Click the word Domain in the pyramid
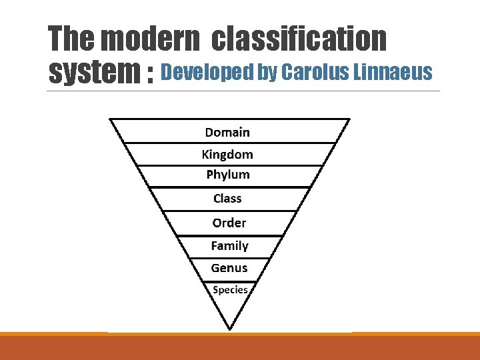(x=227, y=132)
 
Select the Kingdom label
(x=227, y=154)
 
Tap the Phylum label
(x=228, y=175)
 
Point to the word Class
(x=227, y=198)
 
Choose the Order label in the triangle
(x=229, y=223)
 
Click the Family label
(x=229, y=245)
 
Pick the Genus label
(x=229, y=268)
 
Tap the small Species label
(x=230, y=290)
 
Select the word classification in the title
(x=299, y=39)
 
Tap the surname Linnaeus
(x=391, y=71)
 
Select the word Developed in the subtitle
(x=207, y=71)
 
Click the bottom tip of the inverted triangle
(x=230, y=329)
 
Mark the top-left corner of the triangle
(x=110, y=119)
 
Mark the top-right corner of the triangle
(x=349, y=119)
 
